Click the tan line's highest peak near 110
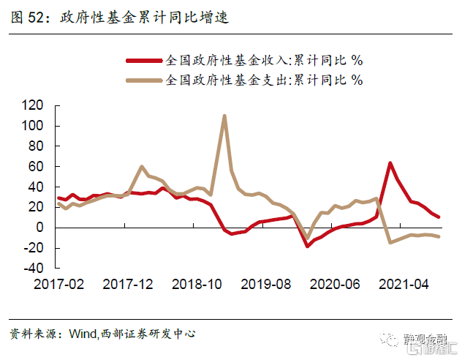coord(224,116)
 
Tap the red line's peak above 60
coord(390,162)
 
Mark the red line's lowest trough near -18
coord(308,246)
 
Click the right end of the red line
coord(439,217)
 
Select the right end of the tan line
coord(439,236)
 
